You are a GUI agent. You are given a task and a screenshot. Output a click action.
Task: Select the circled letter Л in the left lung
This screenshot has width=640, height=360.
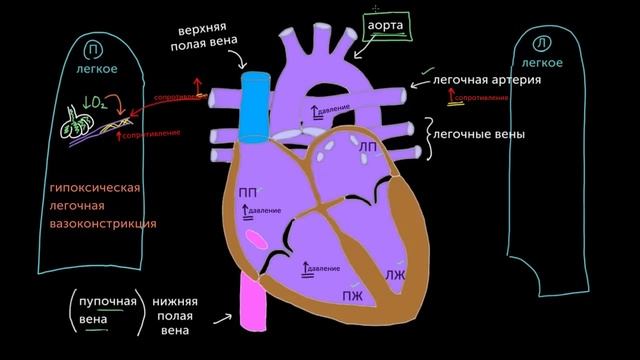[541, 43]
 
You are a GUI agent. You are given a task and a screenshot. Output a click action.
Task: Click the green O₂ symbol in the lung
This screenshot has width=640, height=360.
[97, 101]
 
